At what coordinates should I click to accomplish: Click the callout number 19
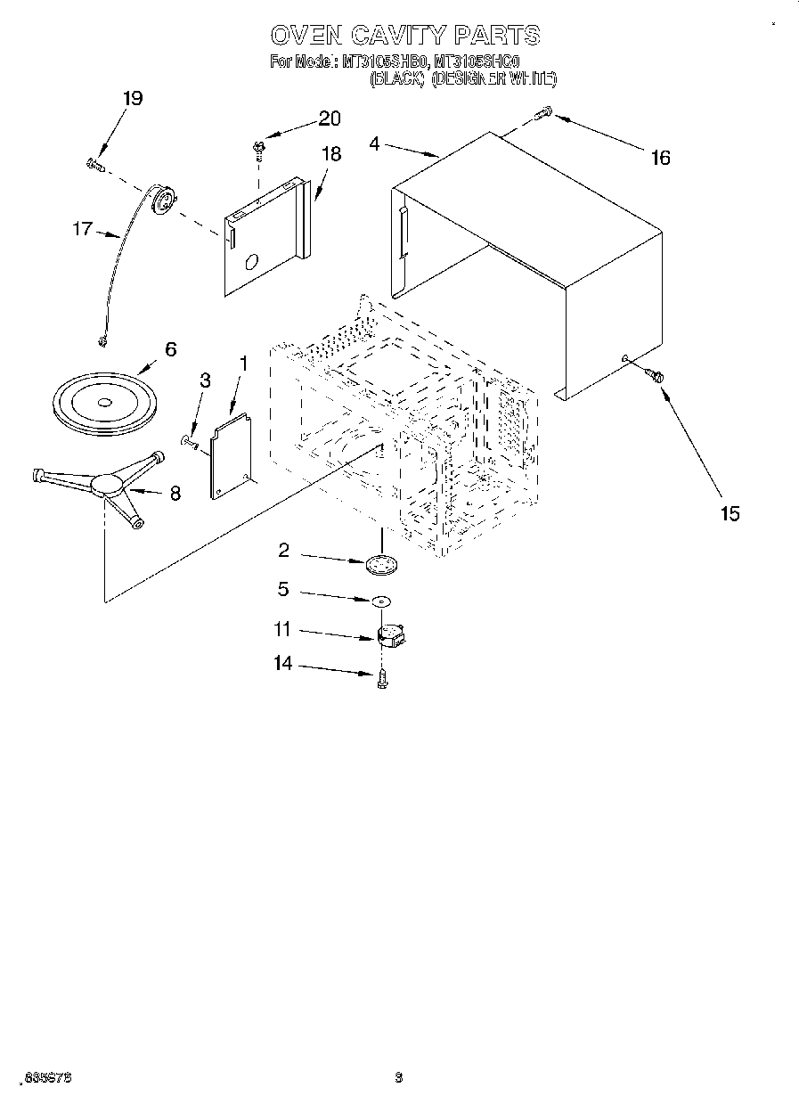click(x=131, y=99)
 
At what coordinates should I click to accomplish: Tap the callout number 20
click(x=329, y=119)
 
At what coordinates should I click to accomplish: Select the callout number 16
click(x=659, y=158)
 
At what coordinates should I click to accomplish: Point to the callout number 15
click(x=730, y=514)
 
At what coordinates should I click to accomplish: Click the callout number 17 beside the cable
click(x=82, y=230)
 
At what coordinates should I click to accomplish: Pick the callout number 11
click(x=282, y=629)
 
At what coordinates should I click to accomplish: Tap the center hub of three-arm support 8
click(x=108, y=484)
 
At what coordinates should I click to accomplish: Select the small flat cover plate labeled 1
click(x=229, y=452)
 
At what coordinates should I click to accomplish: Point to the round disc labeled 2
click(x=382, y=564)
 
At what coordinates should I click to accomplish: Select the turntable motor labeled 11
click(x=388, y=635)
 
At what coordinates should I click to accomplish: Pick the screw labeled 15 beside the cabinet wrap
click(x=656, y=376)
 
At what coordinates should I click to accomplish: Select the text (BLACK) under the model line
click(x=395, y=79)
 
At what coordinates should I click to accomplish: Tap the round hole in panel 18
click(x=251, y=262)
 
